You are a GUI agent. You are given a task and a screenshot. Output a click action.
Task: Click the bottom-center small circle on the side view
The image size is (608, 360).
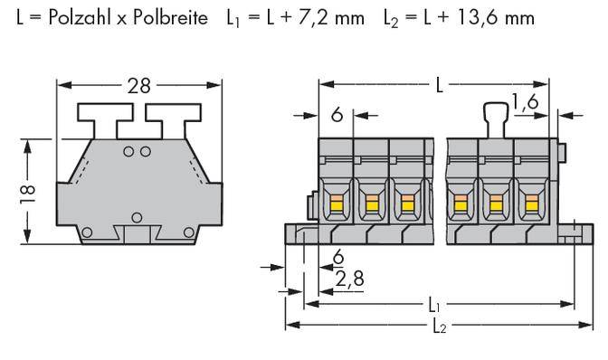(x=137, y=216)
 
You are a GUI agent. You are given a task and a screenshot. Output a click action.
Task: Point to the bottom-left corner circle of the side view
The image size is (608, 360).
(x=86, y=233)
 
